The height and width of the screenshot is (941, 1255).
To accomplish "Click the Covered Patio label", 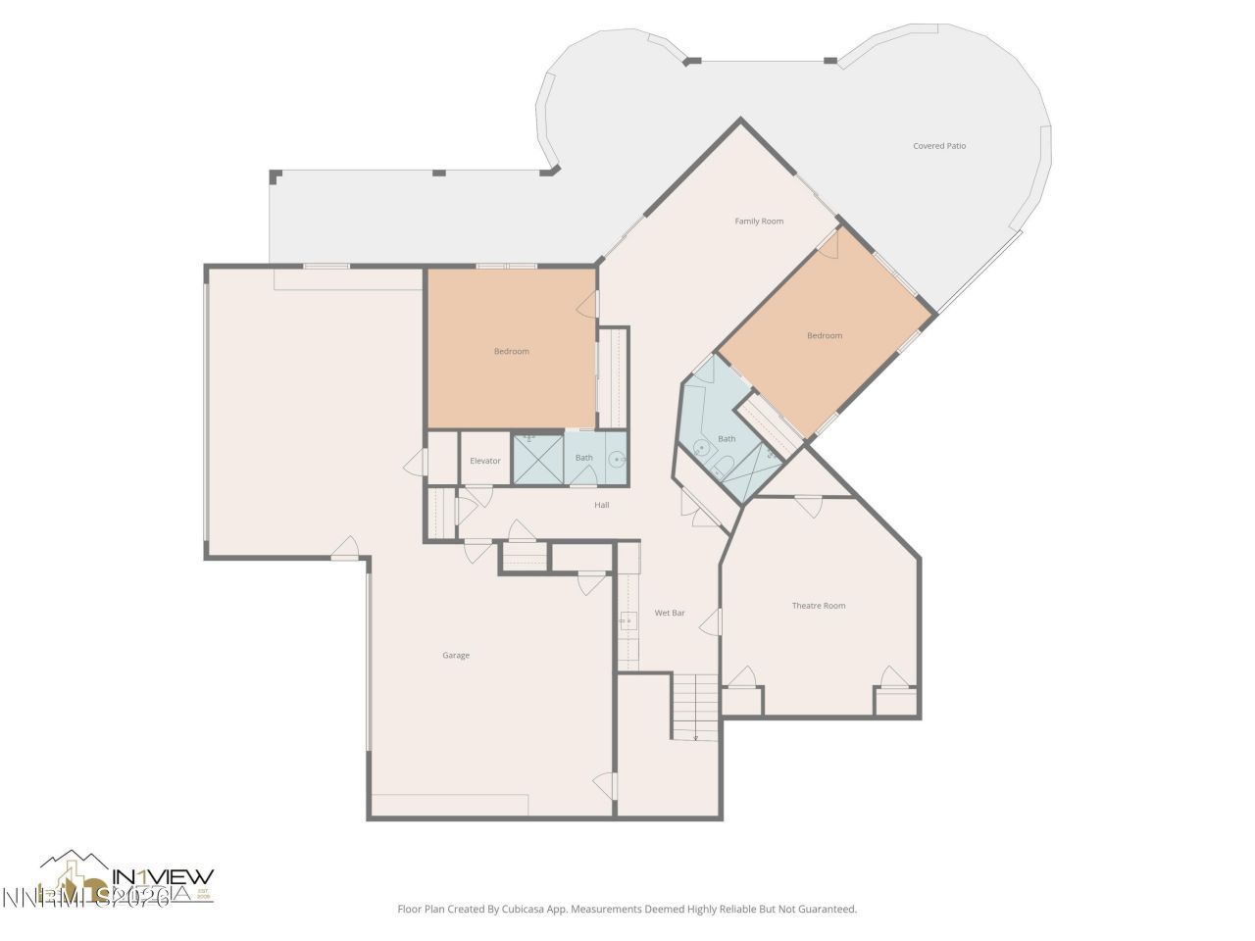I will (939, 146).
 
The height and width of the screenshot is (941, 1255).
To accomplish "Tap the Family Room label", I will (759, 222).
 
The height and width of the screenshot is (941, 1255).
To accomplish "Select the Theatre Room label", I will (819, 606).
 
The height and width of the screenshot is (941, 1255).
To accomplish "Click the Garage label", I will (456, 655).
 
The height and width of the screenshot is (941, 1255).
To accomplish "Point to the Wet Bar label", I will (670, 613).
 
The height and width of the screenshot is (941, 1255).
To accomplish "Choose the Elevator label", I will (485, 461).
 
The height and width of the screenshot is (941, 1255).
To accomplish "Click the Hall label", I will (602, 505).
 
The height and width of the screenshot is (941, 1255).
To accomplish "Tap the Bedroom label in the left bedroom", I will (511, 351).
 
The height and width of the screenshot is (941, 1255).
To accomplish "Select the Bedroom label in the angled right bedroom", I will (825, 335).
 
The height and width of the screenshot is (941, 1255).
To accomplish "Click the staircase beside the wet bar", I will (695, 706).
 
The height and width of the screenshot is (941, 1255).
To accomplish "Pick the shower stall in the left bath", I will (537, 459).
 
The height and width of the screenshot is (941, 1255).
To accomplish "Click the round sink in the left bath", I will (617, 458).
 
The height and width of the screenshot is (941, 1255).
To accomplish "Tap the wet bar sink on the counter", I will (627, 619).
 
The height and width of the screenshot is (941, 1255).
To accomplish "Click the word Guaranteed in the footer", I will (826, 910).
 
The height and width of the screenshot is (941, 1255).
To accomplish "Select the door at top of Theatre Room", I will (808, 506).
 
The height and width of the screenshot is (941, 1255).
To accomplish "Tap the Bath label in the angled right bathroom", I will (727, 439).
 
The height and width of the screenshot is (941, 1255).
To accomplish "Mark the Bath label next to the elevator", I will (583, 458).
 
